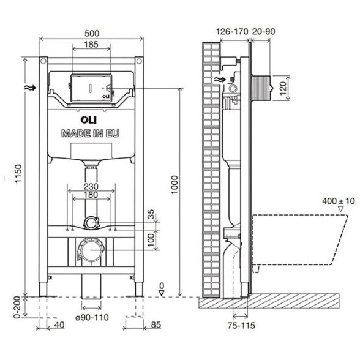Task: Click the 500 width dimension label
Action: click(92, 34)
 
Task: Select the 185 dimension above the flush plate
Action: click(91, 44)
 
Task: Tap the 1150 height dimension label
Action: click(18, 174)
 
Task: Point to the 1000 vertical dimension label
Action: click(174, 185)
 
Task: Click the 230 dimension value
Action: click(91, 186)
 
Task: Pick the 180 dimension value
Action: click(91, 195)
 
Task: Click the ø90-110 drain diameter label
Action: click(92, 318)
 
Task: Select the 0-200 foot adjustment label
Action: click(17, 307)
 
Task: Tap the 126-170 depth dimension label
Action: click(233, 31)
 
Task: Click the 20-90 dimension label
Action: click(263, 31)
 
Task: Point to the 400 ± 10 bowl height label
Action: click(339, 201)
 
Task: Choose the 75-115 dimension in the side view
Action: click(241, 325)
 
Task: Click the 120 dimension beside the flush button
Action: click(283, 88)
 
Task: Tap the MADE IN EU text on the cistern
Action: click(91, 133)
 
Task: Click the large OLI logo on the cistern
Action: click(88, 120)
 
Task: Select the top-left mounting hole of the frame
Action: click(43, 61)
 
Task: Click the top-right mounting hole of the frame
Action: click(139, 61)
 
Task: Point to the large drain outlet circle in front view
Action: click(91, 250)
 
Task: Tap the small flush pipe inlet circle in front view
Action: click(91, 222)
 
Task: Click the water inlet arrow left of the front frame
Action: click(31, 88)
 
